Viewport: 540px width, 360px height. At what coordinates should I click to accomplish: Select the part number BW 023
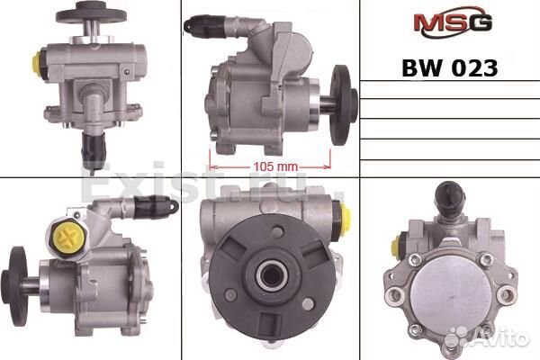446,68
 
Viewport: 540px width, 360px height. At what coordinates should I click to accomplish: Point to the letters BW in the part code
421,68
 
